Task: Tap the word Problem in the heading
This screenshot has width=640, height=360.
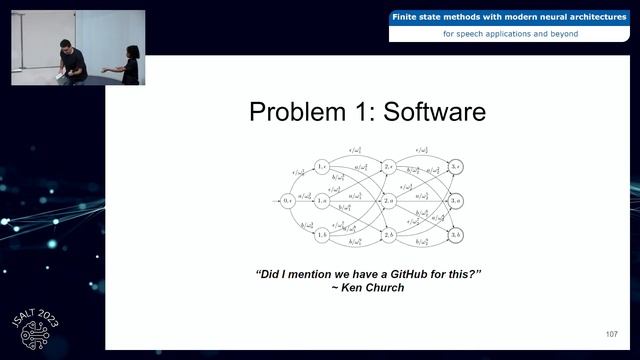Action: point(301,112)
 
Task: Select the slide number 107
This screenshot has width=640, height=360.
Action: point(611,333)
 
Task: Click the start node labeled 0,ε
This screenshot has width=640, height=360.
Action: point(289,201)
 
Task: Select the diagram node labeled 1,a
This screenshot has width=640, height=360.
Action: point(322,201)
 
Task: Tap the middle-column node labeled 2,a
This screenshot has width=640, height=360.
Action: point(389,201)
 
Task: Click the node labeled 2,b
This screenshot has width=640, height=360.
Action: point(389,234)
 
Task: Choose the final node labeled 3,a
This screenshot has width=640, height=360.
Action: point(456,201)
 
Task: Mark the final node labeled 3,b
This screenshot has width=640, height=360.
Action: point(456,234)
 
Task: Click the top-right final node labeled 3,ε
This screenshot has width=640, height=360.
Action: point(456,166)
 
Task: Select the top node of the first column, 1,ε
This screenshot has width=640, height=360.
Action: point(322,166)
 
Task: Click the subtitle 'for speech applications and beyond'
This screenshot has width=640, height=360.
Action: point(510,34)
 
